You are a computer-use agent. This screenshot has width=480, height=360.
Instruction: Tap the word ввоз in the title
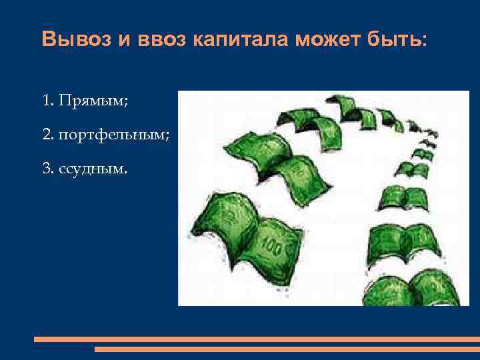pyautogui.click(x=157, y=39)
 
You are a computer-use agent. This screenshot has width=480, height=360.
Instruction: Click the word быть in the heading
pyautogui.click(x=393, y=39)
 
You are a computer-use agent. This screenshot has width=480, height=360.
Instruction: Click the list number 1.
pyautogui.click(x=46, y=101)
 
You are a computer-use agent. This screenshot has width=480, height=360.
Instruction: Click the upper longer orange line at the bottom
pyautogui.click(x=257, y=339)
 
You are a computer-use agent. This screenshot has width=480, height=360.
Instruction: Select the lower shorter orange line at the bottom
pyautogui.click(x=287, y=349)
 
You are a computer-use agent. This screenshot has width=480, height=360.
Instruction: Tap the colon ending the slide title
pyautogui.click(x=424, y=41)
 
